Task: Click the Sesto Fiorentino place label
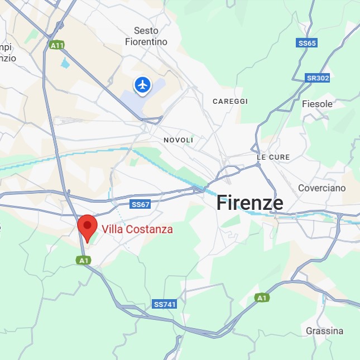146,36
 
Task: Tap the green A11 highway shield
56,45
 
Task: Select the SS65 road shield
307,43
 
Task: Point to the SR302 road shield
318,78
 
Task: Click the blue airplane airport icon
143,85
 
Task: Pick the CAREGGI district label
230,102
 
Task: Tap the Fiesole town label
317,104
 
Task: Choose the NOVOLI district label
178,140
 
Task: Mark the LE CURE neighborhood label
273,157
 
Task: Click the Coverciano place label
321,188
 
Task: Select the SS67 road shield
141,204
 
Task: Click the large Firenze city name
249,203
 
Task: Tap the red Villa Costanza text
137,229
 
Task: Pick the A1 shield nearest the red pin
84,260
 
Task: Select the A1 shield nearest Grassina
261,298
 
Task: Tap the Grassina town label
324,331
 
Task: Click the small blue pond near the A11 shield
65,63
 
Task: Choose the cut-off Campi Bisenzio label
7,52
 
